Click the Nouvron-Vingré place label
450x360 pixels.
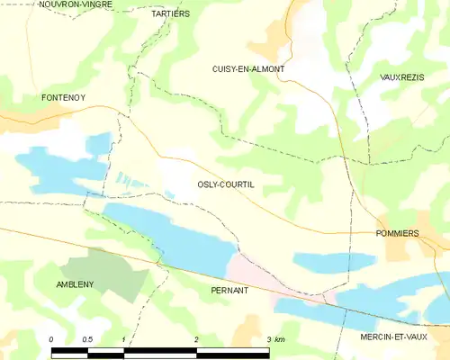76,4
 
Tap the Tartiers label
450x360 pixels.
170,14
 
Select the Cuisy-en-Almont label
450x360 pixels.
248,69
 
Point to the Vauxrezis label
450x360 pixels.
401,78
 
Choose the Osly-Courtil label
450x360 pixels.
225,184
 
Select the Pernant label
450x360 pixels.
229,291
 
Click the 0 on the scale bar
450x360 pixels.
51,339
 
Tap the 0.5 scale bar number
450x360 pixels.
86,339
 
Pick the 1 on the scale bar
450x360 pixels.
122,339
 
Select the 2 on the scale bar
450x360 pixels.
195,339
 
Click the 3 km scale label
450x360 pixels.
274,339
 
